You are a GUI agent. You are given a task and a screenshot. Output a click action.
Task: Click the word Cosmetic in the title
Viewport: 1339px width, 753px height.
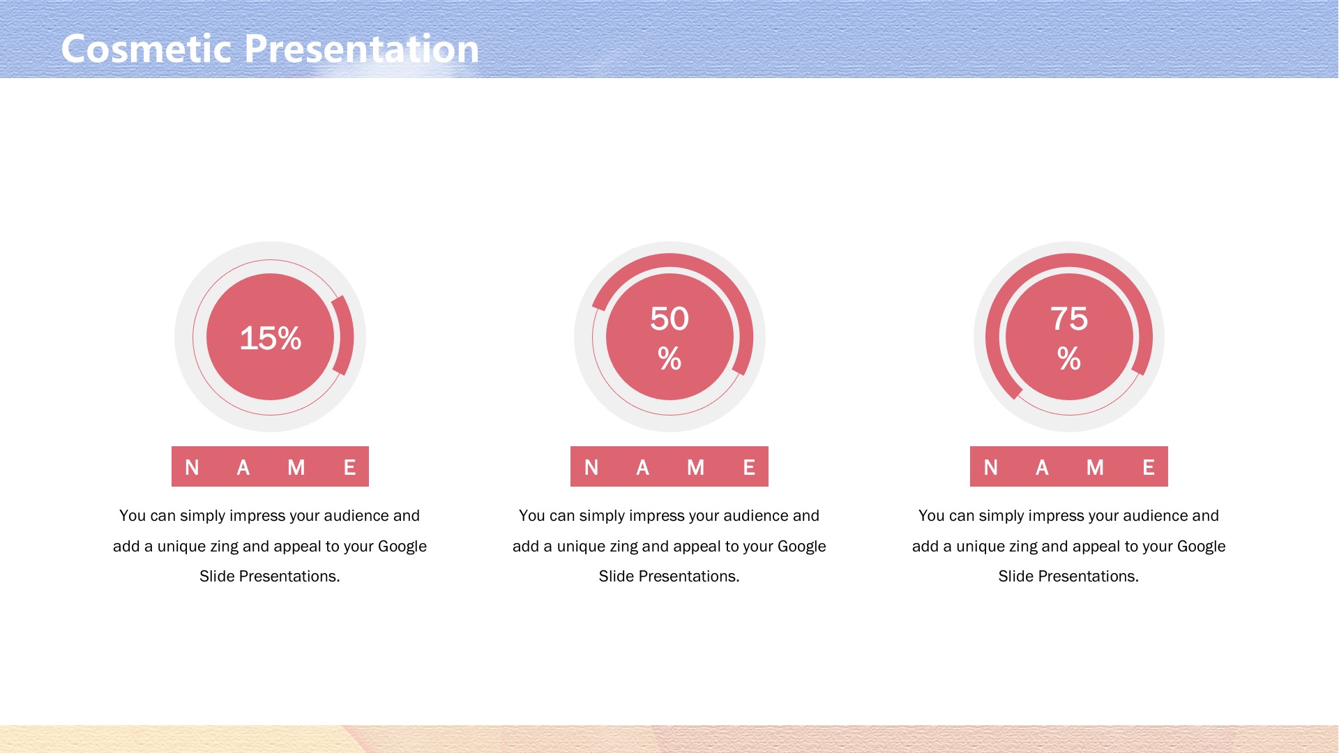[x=146, y=49]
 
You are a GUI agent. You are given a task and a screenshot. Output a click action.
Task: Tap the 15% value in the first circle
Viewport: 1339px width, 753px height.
[x=271, y=338]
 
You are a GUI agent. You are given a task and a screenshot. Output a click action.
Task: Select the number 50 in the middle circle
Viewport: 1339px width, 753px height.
[x=669, y=319]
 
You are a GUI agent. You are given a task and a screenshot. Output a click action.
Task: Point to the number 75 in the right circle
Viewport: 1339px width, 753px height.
[x=1069, y=319]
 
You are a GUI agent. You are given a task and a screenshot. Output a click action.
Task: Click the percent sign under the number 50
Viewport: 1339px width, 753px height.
[x=669, y=358]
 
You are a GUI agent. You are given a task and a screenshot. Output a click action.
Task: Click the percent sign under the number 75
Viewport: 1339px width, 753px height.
[x=1069, y=358]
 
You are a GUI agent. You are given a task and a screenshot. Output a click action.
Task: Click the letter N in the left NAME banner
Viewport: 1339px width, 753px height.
[x=192, y=467]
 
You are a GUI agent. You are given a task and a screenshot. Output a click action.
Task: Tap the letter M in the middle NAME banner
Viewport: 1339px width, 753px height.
[x=695, y=467]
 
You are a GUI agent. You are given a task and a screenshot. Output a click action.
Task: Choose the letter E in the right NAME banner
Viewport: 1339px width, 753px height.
[x=1149, y=467]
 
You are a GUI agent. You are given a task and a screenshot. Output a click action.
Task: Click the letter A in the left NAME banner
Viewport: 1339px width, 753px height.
[x=243, y=467]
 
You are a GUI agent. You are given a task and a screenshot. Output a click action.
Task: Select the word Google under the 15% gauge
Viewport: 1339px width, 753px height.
[x=402, y=547]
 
